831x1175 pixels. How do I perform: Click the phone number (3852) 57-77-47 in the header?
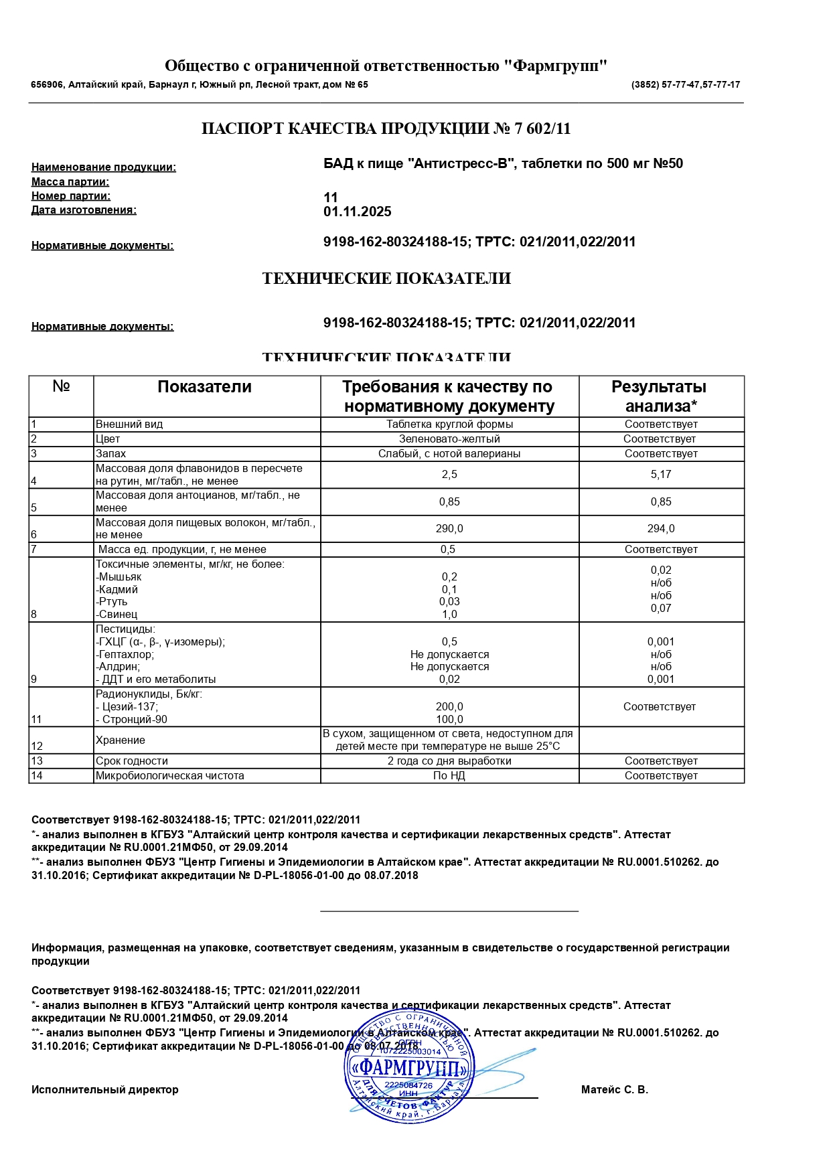666,85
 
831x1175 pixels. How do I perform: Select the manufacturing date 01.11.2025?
357,212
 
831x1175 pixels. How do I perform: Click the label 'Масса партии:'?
70,182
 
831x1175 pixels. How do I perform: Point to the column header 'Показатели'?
204,387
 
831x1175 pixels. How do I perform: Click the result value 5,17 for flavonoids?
661,475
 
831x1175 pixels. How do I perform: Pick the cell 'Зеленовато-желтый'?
449,439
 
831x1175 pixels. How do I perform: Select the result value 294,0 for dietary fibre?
661,529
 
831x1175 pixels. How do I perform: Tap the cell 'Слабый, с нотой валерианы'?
449,454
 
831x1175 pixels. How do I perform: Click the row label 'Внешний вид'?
129,424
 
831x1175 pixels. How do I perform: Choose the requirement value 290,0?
449,529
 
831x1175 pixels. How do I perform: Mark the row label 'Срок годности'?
132,761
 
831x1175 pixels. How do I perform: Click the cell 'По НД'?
449,776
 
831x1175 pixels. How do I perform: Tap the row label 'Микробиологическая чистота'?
170,776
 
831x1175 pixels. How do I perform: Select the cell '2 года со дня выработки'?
449,761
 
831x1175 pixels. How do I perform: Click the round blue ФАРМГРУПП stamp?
409,1067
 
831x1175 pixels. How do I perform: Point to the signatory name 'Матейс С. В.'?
615,1090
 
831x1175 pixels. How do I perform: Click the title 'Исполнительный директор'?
105,1090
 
